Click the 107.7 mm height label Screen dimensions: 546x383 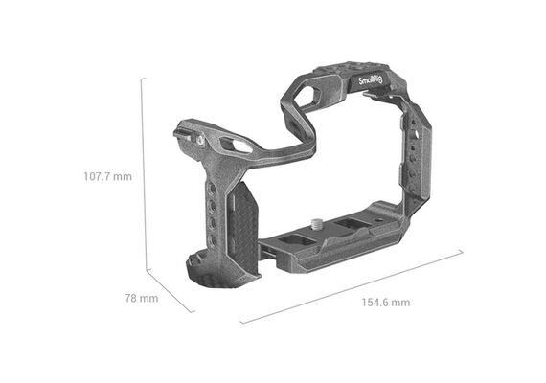(x=108, y=176)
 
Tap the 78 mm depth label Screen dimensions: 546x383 (x=142, y=299)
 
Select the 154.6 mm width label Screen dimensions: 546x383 (x=386, y=303)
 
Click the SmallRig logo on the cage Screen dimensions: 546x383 (x=371, y=81)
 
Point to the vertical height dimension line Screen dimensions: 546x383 (x=143, y=174)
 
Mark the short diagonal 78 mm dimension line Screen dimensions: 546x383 (x=171, y=291)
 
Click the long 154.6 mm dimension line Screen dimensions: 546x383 (x=352, y=286)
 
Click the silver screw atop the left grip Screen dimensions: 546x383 (x=200, y=140)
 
